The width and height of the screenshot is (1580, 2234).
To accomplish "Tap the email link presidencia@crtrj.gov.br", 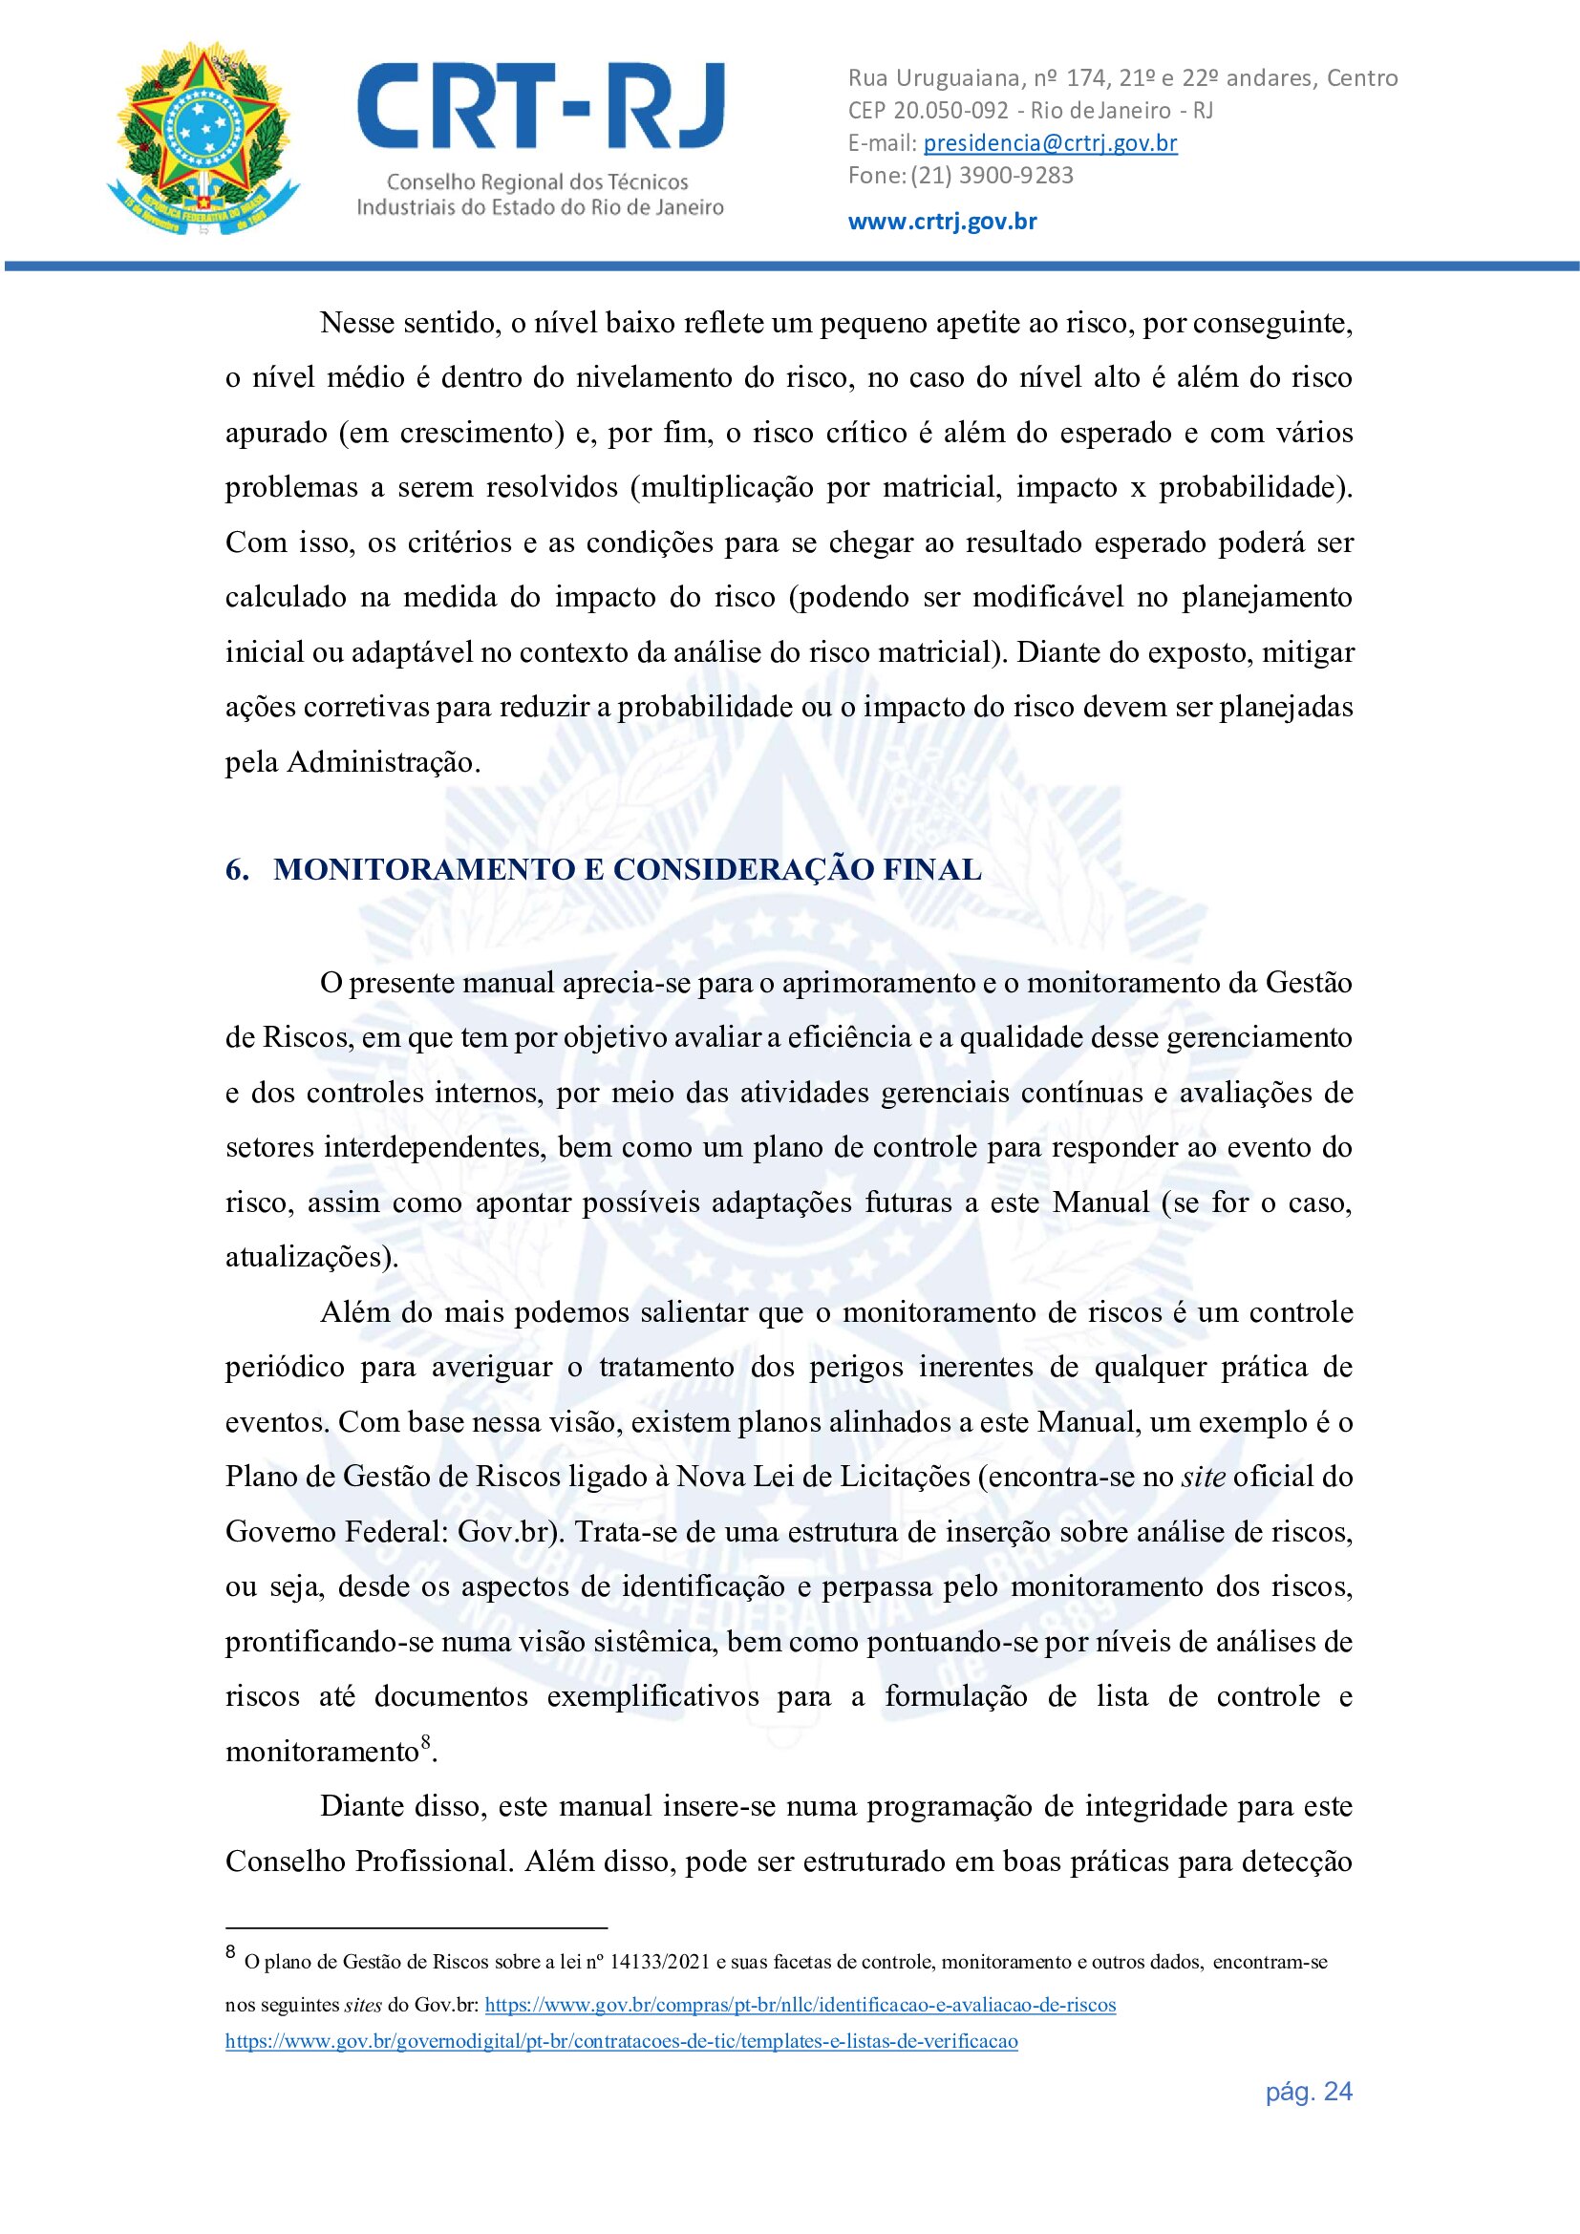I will tap(1050, 143).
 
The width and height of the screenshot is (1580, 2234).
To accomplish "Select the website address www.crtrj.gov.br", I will tap(942, 221).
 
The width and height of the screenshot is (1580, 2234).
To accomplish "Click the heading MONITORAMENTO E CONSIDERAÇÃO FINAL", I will tap(628, 870).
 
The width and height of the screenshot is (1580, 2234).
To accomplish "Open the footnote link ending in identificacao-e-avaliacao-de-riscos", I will tap(800, 2005).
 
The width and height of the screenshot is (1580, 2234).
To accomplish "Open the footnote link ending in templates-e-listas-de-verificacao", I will tap(622, 2041).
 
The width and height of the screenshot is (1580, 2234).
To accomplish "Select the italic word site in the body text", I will tap(1203, 1477).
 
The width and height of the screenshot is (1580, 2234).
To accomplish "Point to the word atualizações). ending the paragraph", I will tap(311, 1257).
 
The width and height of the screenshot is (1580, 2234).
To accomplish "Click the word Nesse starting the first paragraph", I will tap(355, 323).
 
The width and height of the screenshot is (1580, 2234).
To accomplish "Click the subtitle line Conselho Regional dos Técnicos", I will tap(537, 182).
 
